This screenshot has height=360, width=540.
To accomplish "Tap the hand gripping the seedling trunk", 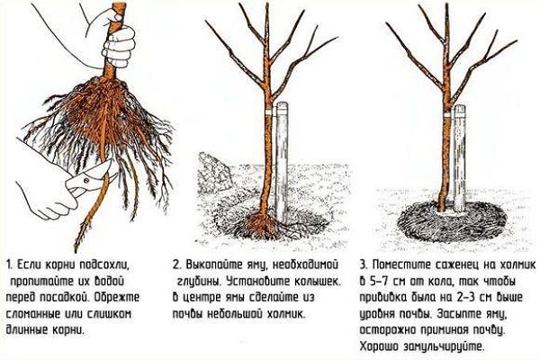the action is coord(119,46).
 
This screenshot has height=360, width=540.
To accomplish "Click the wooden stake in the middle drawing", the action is coord(283,162).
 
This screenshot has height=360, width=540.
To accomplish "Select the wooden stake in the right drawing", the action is coord(459,157).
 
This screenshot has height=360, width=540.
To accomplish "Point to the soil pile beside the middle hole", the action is coord(214,172).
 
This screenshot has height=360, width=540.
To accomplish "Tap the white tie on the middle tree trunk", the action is coord(269,112).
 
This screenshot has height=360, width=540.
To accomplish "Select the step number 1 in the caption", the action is coord(9,265).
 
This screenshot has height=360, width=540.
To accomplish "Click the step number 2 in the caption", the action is coord(176,265).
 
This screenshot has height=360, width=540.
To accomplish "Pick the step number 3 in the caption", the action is coord(364,265).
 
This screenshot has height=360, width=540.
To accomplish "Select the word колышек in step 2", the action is coord(318,282).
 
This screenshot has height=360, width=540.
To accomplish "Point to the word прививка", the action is coord(383,298).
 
